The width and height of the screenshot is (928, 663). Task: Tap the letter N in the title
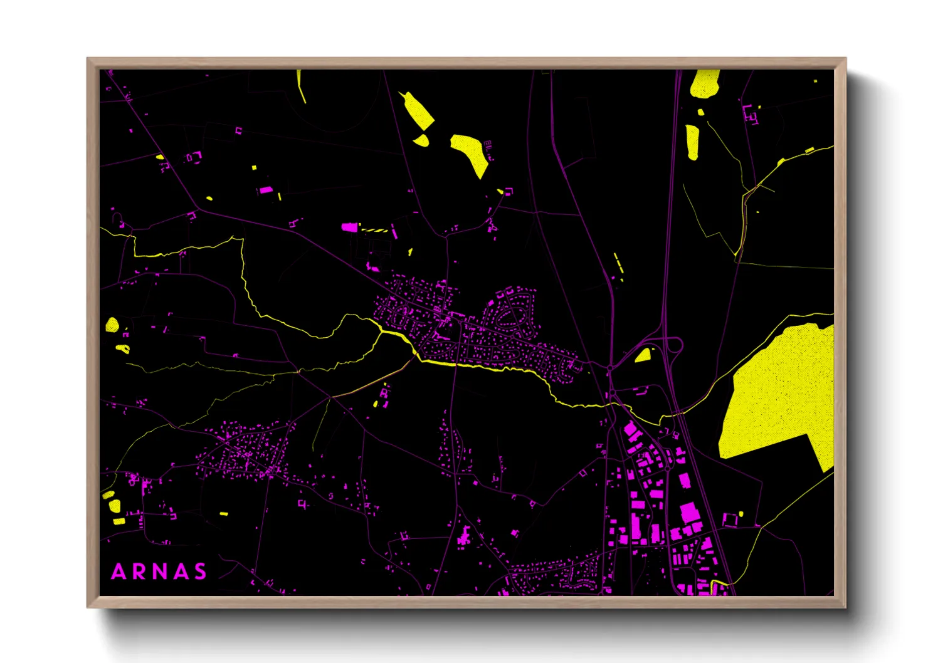[x=159, y=572]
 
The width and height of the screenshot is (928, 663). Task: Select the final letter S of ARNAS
[x=200, y=572]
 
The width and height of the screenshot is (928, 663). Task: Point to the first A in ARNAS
[x=118, y=572]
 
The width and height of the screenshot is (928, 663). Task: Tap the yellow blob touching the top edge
[x=705, y=83]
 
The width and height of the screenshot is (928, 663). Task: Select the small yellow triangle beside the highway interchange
[x=643, y=356]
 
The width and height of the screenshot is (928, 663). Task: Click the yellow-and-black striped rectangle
[x=374, y=230]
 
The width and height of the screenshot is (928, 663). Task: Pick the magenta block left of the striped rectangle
[x=349, y=227]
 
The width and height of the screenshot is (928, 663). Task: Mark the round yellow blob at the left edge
[x=112, y=325]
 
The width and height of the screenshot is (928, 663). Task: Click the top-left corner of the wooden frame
[x=88, y=60]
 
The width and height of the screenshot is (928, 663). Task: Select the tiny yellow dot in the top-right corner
[x=815, y=81]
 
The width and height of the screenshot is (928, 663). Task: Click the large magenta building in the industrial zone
[x=689, y=513]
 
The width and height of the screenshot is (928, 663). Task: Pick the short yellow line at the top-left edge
[x=301, y=86]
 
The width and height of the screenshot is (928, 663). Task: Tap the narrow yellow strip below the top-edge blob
[x=692, y=142]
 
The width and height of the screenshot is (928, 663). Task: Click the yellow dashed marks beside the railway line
[x=618, y=263]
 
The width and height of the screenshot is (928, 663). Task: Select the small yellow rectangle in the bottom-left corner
[x=224, y=514]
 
